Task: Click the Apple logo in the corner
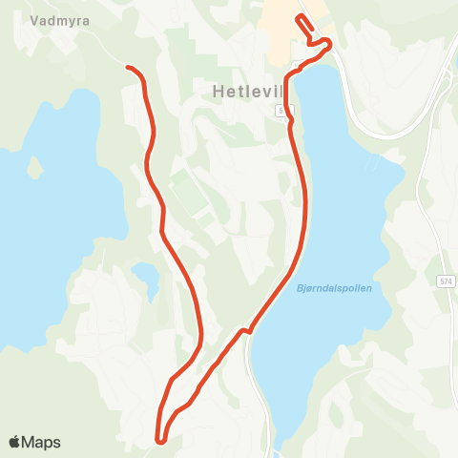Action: (16, 442)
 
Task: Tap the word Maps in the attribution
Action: (43, 442)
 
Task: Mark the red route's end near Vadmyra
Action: (128, 67)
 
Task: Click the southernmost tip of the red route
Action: (161, 440)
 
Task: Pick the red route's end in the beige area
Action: (300, 19)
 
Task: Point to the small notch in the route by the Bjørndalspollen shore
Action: (244, 330)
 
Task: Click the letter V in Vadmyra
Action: (33, 19)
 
